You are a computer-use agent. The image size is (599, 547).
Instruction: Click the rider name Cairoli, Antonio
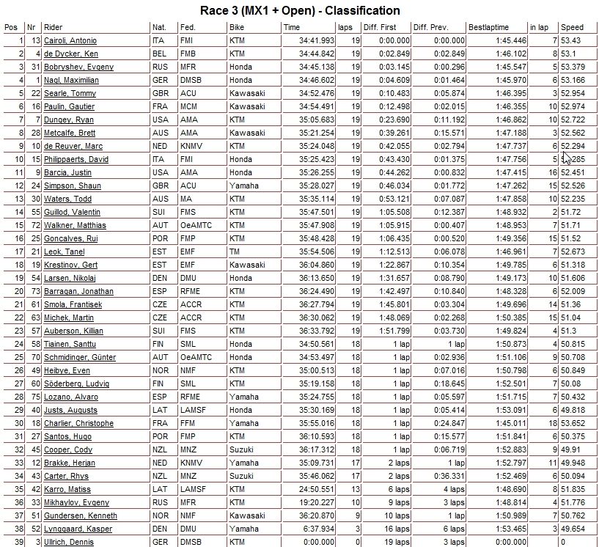70,40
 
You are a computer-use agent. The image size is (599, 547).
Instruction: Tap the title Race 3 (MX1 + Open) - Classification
300,10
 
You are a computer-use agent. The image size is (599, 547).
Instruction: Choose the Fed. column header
187,27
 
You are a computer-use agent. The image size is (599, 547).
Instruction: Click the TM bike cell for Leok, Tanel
234,252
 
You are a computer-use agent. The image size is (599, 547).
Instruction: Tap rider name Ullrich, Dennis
68,542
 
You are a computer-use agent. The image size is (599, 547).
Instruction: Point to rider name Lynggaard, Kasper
73,529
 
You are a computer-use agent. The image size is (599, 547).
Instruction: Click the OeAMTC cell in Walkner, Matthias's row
194,225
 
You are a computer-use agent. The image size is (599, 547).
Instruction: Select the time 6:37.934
320,529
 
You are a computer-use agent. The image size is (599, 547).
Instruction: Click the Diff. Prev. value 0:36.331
449,476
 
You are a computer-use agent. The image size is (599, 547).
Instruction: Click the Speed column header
572,27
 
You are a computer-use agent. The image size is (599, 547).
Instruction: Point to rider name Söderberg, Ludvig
76,383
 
